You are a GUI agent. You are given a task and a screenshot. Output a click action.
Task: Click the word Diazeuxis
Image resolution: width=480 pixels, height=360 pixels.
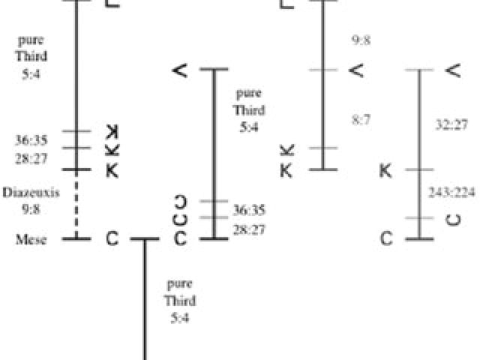point(31,192)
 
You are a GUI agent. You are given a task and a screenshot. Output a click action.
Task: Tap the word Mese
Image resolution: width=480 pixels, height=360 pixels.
point(31,240)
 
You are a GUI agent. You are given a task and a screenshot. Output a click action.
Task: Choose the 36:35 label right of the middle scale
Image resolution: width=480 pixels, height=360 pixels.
point(249,210)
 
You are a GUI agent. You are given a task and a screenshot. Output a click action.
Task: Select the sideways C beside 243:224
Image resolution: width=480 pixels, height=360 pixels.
point(452,219)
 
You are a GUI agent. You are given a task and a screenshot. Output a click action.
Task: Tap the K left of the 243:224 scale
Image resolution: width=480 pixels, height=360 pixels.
point(386,171)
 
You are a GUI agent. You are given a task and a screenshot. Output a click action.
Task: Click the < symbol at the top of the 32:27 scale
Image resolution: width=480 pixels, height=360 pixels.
point(452,70)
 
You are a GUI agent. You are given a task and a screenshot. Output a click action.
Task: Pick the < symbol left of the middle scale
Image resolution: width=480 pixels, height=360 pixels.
point(179,70)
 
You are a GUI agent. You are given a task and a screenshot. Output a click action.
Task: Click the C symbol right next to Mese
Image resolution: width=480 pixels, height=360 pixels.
point(112,239)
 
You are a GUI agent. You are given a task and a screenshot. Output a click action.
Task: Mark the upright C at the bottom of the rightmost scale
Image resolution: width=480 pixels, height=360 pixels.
point(386,239)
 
